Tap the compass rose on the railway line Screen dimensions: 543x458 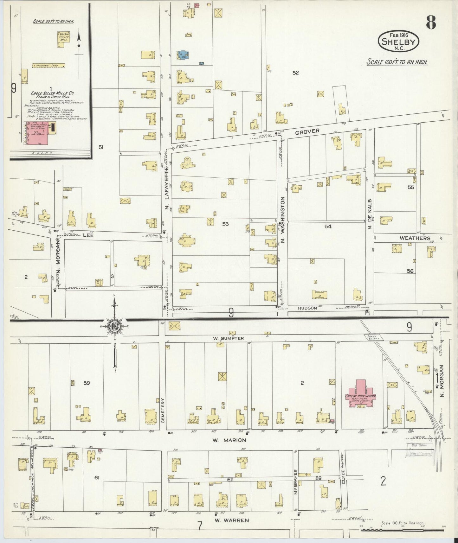click(x=114, y=328)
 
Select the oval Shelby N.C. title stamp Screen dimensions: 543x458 click(x=398, y=42)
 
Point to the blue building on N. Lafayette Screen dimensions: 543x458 click(x=183, y=55)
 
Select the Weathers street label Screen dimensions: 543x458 click(x=415, y=238)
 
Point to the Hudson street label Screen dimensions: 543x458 click(x=307, y=308)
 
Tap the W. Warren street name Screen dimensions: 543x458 click(x=231, y=520)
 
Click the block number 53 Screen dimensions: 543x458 click(x=225, y=224)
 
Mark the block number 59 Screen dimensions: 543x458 click(x=87, y=383)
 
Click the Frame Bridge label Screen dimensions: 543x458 click(x=371, y=337)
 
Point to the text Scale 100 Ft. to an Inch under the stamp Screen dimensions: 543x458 click(x=397, y=62)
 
